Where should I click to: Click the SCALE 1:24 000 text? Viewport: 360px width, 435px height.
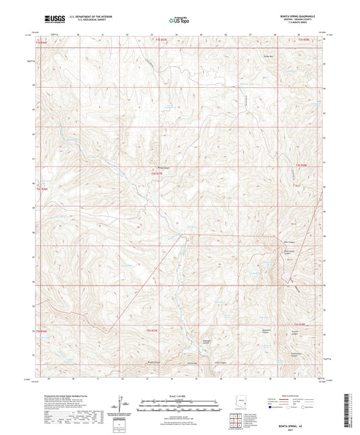click(x=180, y=395)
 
